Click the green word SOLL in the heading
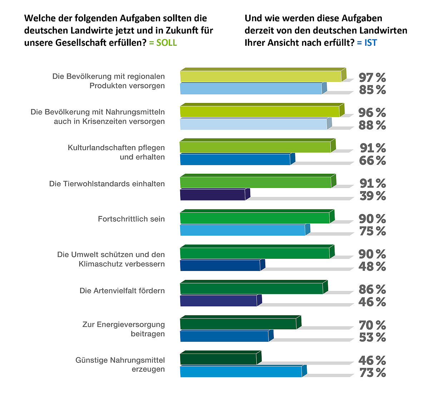(167, 43)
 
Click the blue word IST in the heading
(370, 43)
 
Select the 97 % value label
(372, 77)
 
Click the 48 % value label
(372, 267)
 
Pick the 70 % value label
(372, 325)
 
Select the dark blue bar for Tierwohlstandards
(213, 195)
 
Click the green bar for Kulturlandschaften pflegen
(255, 147)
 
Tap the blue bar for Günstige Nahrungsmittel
(241, 372)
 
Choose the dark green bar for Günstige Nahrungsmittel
(218, 359)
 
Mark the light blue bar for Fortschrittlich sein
(243, 230)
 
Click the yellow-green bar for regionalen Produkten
(261, 76)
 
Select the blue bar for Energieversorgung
(224, 336)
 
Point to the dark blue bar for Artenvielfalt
(218, 301)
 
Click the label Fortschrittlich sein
(131, 219)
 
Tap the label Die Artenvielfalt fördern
(122, 291)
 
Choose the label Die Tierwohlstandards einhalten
(107, 184)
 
